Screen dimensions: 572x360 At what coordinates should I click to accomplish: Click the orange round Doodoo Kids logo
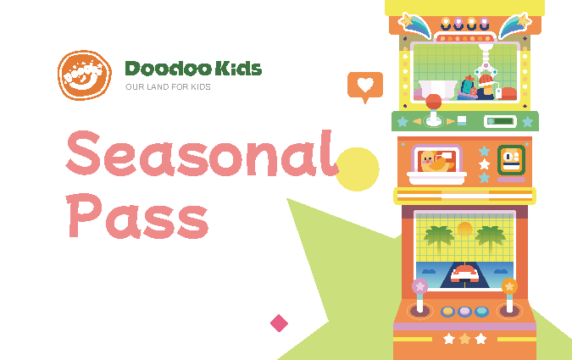coord(85,75)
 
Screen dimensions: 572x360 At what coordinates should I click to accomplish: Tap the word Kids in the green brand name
coord(238,69)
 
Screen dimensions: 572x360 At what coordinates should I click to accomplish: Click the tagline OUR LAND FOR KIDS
coord(168,86)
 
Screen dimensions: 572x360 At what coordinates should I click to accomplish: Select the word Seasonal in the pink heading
coord(203,154)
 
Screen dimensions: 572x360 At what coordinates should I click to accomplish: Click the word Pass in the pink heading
coord(137,216)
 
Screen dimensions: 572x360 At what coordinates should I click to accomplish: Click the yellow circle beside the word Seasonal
coord(358,169)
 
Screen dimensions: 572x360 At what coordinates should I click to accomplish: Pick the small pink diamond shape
coord(279,324)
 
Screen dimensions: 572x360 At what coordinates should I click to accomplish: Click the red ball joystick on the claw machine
coord(433,102)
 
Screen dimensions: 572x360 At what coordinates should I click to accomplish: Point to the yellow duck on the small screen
coord(436,162)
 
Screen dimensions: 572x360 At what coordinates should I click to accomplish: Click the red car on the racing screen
coord(464,274)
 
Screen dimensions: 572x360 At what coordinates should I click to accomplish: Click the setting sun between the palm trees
coord(464,229)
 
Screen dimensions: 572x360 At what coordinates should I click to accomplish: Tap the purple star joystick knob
coord(419,286)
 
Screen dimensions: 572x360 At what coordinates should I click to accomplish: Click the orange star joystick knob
coord(509,286)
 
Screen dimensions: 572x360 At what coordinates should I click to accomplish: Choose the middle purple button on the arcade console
coord(464,312)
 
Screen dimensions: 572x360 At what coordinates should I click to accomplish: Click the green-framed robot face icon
coord(511,160)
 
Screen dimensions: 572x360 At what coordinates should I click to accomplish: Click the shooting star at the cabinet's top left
coord(414,25)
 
